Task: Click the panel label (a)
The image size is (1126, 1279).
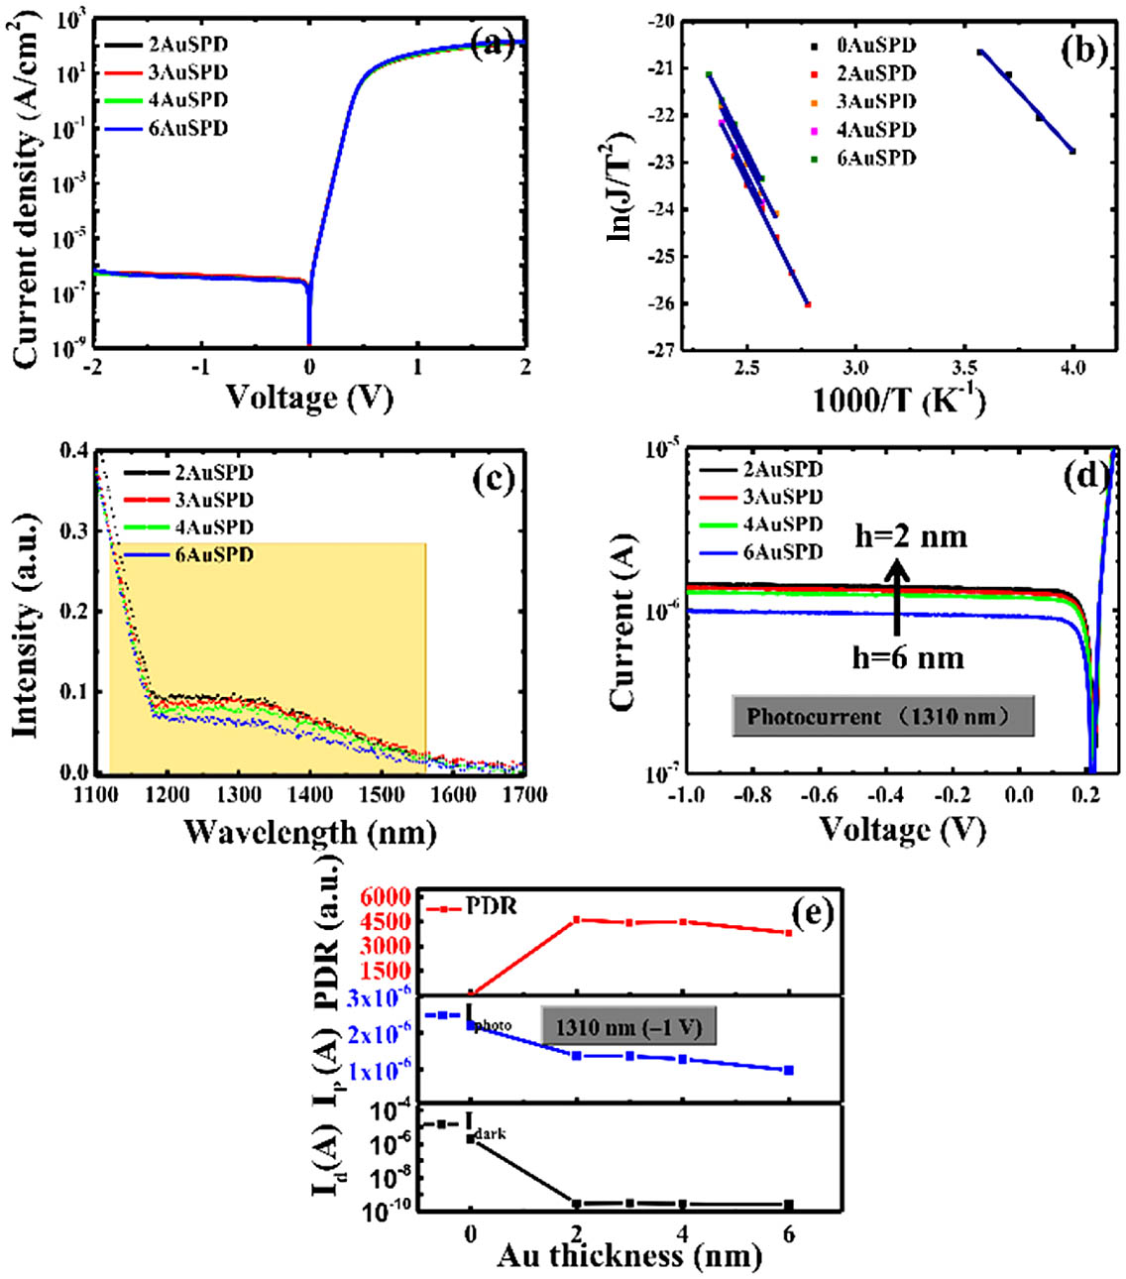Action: (492, 43)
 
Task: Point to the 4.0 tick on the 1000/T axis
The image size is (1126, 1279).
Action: (1072, 368)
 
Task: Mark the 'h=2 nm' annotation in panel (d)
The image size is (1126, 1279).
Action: (911, 536)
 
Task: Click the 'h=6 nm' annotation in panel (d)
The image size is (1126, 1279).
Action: (908, 657)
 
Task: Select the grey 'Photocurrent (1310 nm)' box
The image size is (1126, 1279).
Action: (882, 716)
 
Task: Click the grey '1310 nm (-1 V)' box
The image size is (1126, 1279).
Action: (627, 1027)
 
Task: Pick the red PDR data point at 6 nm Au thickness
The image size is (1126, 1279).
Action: (789, 933)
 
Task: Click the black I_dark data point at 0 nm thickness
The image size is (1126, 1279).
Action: (471, 1139)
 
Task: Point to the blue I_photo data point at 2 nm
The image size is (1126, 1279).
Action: (577, 1055)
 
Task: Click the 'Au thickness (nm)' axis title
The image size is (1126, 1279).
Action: (629, 1255)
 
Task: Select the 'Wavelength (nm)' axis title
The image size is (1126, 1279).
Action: (310, 831)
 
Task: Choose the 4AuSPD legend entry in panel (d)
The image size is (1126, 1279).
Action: (782, 524)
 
